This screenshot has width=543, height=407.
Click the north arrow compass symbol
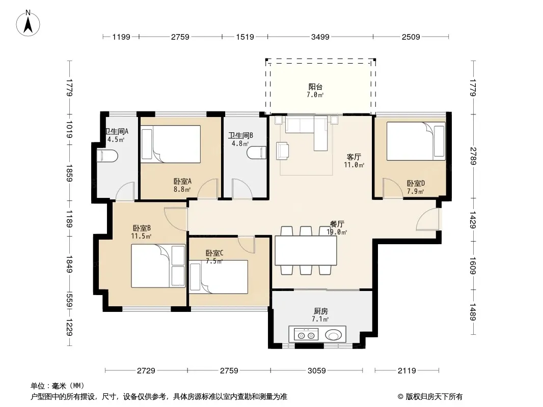pyautogui.click(x=28, y=23)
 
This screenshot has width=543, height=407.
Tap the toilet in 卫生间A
pyautogui.click(x=107, y=156)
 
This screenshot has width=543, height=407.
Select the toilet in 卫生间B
pyautogui.click(x=257, y=153)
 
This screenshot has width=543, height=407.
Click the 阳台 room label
pyautogui.click(x=315, y=87)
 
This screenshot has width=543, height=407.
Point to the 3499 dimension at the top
pyautogui.click(x=320, y=37)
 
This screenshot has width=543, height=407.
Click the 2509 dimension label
pyautogui.click(x=411, y=37)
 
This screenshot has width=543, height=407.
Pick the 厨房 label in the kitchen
pyautogui.click(x=321, y=311)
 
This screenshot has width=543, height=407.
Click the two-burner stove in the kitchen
pyautogui.click(x=306, y=335)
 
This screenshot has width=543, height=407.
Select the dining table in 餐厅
pyautogui.click(x=306, y=250)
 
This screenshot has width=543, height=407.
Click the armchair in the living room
pyautogui.click(x=282, y=151)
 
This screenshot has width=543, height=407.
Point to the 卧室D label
pyautogui.click(x=416, y=183)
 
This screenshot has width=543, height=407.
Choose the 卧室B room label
pyautogui.click(x=142, y=228)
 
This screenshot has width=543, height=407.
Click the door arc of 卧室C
pyautogui.click(x=247, y=245)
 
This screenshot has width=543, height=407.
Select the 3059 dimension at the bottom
pyautogui.click(x=316, y=371)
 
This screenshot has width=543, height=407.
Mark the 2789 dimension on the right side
pyautogui.click(x=473, y=156)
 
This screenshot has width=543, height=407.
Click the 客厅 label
pyautogui.click(x=354, y=157)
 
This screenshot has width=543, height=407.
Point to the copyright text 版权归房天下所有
pyautogui.click(x=434, y=397)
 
